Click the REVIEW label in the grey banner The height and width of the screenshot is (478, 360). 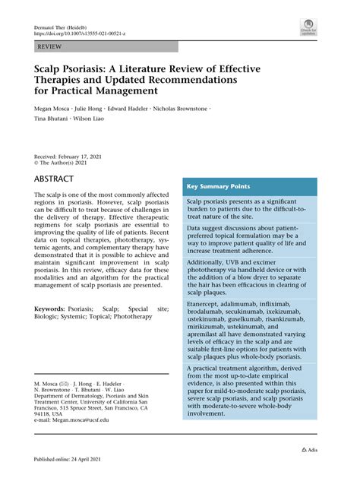pos(49,46)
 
